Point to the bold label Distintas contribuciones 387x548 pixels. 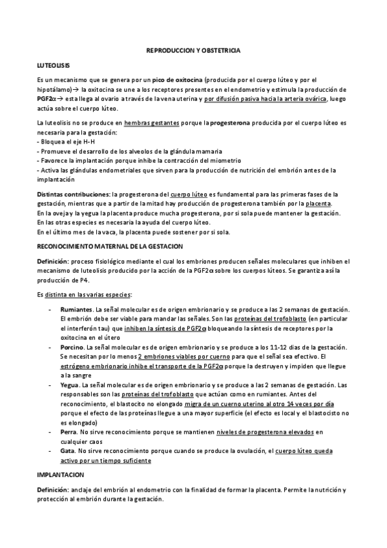click(x=72, y=194)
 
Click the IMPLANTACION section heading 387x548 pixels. click(x=59, y=474)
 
